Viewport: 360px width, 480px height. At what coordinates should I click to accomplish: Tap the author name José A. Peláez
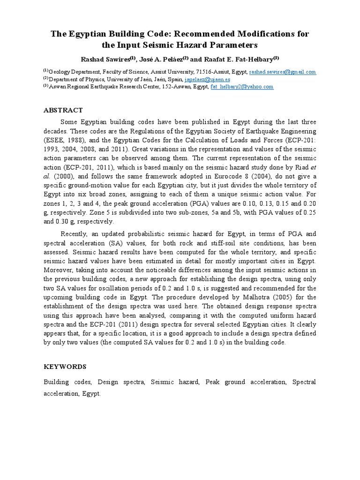coord(157,59)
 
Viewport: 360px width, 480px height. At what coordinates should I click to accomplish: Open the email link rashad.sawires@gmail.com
coord(283,72)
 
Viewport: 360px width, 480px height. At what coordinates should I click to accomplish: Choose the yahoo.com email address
coord(242,87)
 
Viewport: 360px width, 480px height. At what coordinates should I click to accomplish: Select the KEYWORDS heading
coord(65,367)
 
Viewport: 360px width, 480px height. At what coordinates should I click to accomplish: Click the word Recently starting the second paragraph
coord(76,234)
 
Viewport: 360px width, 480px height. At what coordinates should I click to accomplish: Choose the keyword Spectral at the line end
coord(304,382)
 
